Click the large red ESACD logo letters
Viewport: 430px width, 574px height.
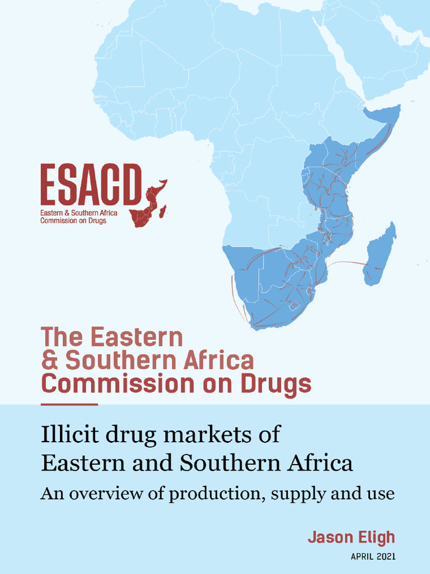click(90, 186)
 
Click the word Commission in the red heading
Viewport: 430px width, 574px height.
click(98, 385)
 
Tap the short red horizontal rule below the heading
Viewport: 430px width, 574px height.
click(69, 404)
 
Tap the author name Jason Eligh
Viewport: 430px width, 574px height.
click(351, 538)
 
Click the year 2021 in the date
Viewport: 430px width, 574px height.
click(386, 557)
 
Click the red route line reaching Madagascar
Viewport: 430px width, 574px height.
click(347, 262)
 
